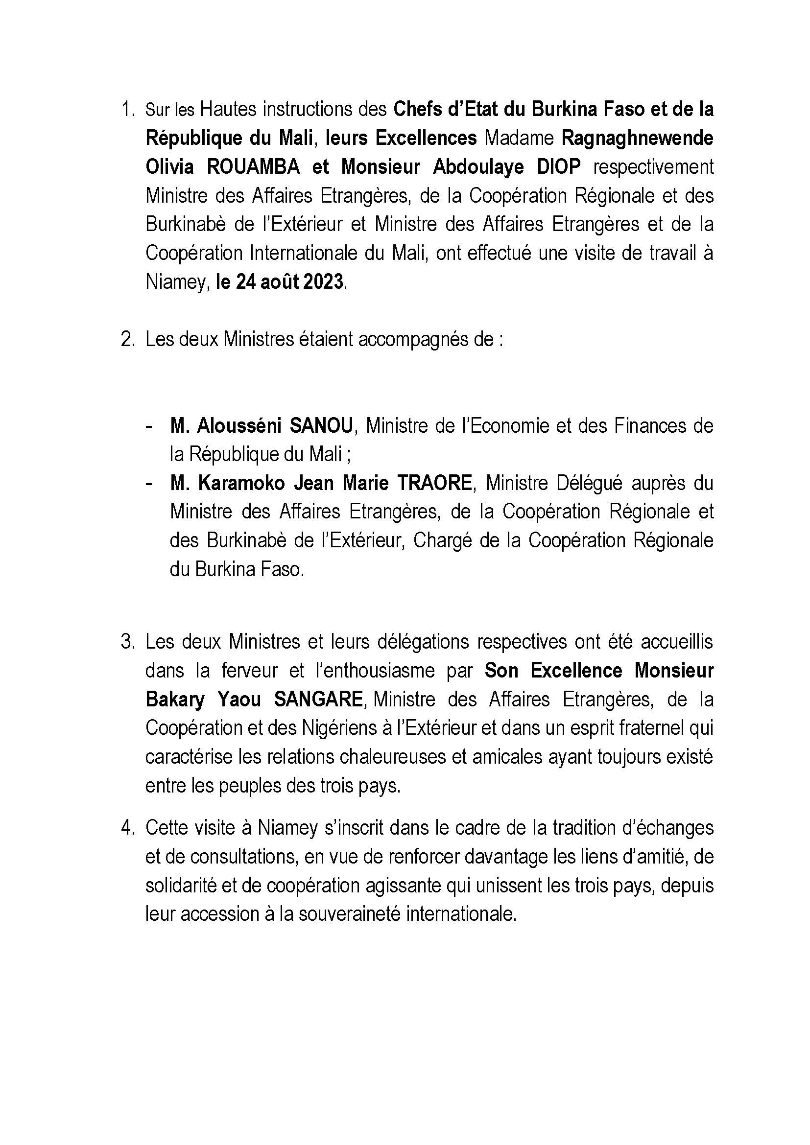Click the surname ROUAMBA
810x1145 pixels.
253,167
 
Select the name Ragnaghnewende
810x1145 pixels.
638,139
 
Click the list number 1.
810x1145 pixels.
127,110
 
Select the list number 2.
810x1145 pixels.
127,340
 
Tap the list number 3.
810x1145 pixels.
127,642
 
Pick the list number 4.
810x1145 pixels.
127,828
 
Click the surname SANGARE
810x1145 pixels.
318,700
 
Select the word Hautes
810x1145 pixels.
228,110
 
